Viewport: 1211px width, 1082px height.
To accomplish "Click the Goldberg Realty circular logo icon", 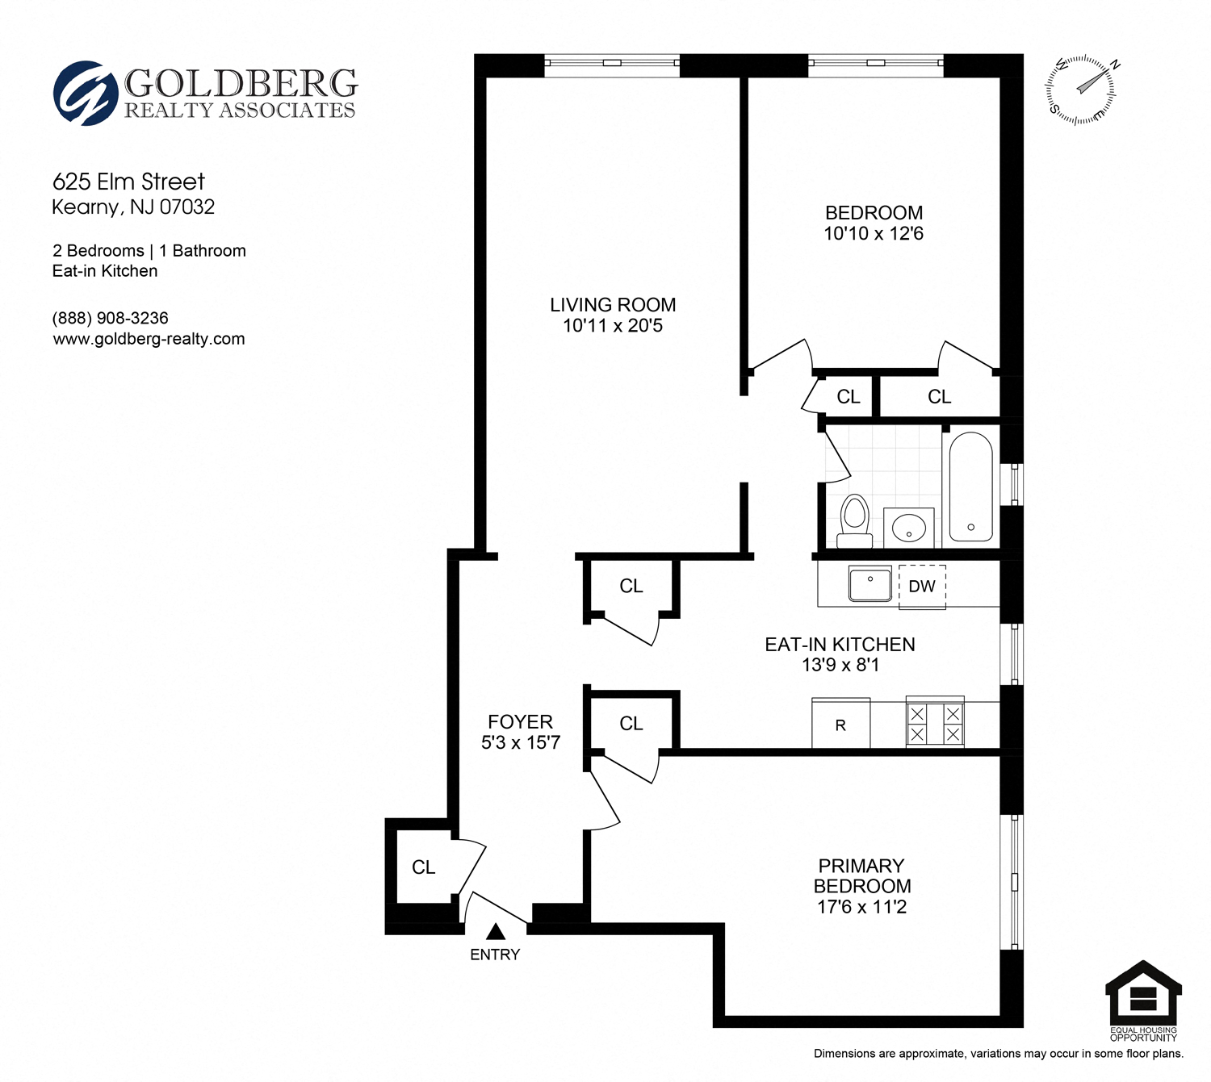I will tap(81, 94).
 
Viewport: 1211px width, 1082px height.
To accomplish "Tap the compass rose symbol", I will tap(1081, 90).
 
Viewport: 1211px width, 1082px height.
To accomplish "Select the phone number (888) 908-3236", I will tap(110, 319).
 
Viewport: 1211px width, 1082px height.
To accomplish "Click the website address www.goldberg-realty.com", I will tap(149, 340).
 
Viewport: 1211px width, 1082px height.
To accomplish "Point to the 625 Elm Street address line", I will tap(128, 182).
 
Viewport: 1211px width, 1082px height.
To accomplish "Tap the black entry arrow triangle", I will tap(496, 932).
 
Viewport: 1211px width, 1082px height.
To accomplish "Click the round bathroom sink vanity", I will tap(909, 528).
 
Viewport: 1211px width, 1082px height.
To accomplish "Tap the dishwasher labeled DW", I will tap(922, 587).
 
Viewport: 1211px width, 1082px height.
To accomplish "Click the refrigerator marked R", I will tap(840, 724).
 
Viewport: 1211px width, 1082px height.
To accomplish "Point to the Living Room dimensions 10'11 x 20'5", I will tap(613, 326).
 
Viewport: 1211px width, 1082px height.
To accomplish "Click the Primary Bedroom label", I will tap(861, 875).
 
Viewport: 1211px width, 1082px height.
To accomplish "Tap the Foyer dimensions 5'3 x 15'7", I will tap(521, 743).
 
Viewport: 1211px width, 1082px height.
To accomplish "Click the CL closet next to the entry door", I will tap(423, 867).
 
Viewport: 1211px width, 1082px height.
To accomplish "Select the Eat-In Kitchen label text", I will tap(840, 645).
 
